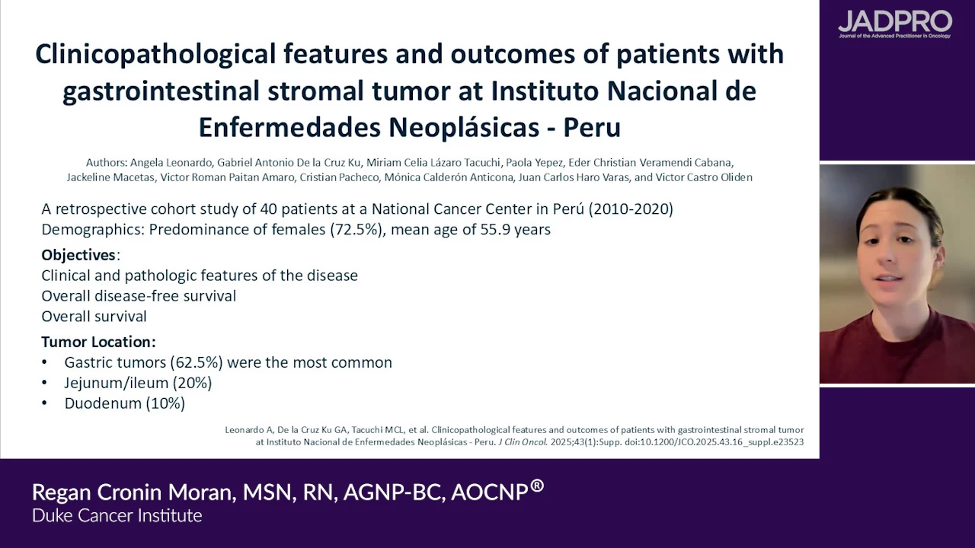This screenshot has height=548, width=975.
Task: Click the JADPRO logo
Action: click(895, 24)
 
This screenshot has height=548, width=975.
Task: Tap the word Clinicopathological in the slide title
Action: click(155, 55)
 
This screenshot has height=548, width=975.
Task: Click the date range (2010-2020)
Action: click(631, 209)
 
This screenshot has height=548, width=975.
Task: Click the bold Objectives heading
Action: click(78, 255)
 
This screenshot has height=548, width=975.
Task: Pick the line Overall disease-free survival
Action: click(139, 296)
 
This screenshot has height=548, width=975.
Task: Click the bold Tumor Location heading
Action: click(98, 342)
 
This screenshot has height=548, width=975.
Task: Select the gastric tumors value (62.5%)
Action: click(197, 363)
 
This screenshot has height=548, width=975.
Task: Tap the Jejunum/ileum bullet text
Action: click(138, 383)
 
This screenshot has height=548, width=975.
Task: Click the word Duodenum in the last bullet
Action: click(103, 403)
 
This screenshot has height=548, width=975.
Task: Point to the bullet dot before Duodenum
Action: click(44, 403)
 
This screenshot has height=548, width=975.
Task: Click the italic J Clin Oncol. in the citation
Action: click(523, 442)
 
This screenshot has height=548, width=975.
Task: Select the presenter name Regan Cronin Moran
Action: click(132, 492)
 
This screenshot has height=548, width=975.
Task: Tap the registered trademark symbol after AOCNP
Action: click(537, 486)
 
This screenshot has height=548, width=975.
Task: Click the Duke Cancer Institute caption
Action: click(117, 516)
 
